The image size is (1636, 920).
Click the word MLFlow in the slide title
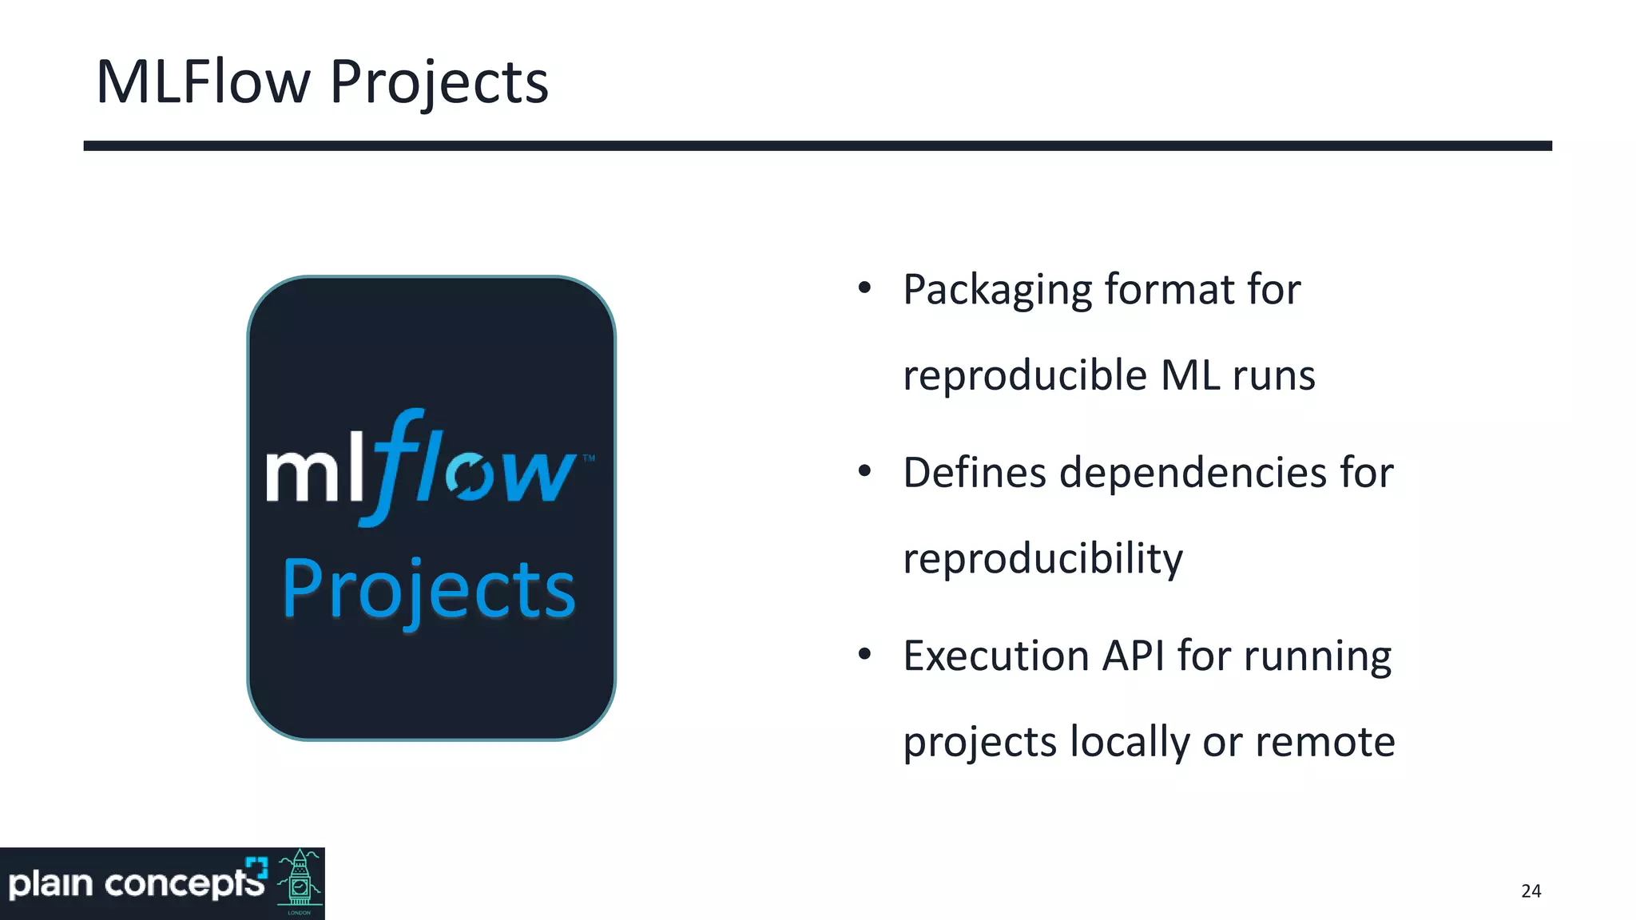(x=203, y=82)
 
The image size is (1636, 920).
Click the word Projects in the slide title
(x=439, y=84)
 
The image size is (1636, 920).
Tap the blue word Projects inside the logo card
(x=429, y=591)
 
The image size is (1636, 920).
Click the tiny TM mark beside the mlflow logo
(x=589, y=458)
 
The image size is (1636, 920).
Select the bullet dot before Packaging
(x=864, y=288)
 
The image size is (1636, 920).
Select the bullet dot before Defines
(x=864, y=471)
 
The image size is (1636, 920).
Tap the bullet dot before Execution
(x=864, y=655)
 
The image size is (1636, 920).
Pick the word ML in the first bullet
(x=1189, y=375)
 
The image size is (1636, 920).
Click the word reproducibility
(x=1042, y=559)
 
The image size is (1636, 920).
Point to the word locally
(x=1130, y=743)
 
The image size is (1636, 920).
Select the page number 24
(x=1531, y=891)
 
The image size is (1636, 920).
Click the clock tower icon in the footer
(x=300, y=882)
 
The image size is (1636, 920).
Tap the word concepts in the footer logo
(x=185, y=884)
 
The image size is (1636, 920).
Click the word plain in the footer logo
(x=50, y=884)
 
